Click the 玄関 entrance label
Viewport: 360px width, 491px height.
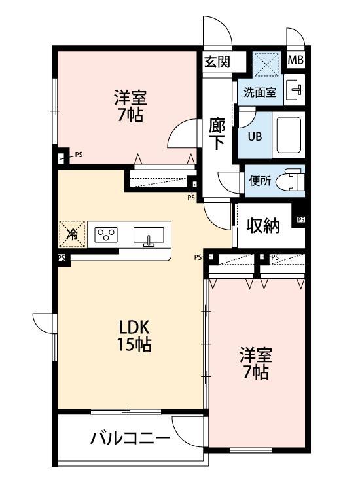tap(217, 62)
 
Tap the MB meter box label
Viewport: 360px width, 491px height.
tap(296, 61)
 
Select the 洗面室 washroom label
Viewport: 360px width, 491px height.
tap(260, 92)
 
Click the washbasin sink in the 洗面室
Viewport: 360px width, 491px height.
tap(295, 90)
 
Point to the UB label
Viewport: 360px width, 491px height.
tap(255, 137)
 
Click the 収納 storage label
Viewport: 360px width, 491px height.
tap(263, 226)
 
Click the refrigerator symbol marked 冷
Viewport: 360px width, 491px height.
tap(72, 233)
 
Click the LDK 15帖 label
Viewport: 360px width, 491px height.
tap(135, 336)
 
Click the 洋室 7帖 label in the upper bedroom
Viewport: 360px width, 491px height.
tap(130, 107)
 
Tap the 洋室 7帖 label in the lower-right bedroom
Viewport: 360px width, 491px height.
tap(255, 363)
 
